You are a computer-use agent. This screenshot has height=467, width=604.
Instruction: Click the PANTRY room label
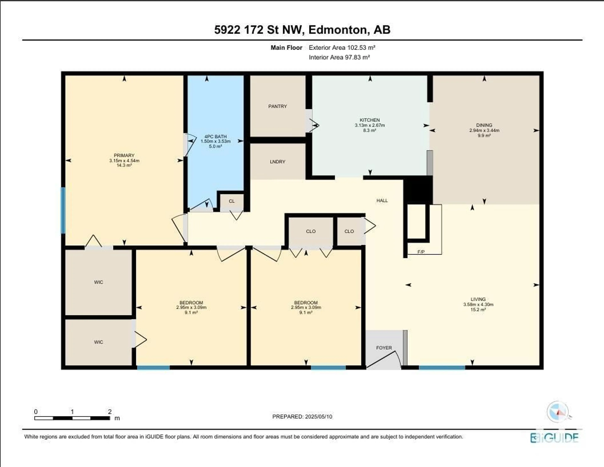click(x=277, y=106)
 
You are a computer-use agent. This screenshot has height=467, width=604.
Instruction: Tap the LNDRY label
click(x=277, y=162)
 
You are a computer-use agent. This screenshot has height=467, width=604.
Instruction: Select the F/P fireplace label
click(x=421, y=252)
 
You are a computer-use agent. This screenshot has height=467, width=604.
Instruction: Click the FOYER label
click(x=384, y=348)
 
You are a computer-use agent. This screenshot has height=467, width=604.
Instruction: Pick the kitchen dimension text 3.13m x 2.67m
click(x=370, y=125)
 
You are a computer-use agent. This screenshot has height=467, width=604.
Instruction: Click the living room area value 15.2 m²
click(x=478, y=310)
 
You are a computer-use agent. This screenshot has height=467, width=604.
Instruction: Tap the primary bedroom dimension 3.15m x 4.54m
click(x=124, y=161)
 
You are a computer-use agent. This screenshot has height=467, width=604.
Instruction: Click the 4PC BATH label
click(x=215, y=137)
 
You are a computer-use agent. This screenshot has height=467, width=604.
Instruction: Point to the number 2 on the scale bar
click(x=110, y=412)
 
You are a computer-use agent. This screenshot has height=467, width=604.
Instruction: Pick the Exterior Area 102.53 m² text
click(x=342, y=47)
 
